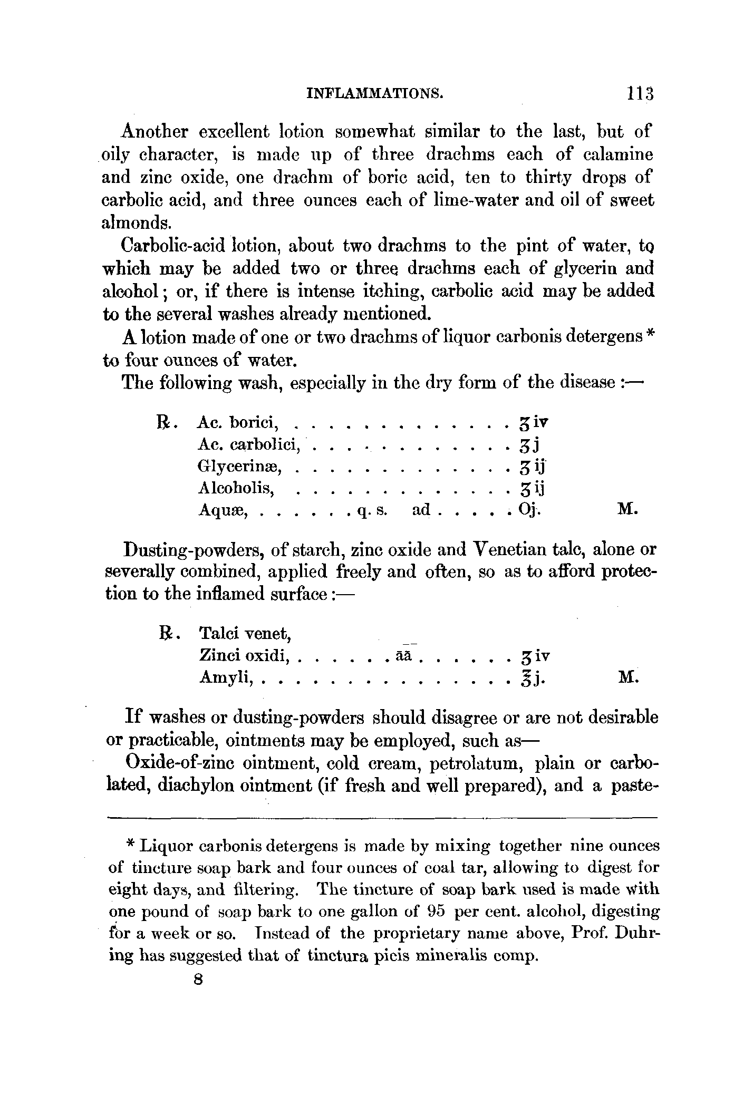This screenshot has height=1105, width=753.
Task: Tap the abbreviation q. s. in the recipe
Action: tap(372, 510)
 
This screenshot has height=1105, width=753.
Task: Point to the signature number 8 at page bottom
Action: tap(198, 980)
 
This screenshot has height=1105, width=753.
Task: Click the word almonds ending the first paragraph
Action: tap(136, 222)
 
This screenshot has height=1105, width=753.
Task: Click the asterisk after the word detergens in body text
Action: tap(651, 335)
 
